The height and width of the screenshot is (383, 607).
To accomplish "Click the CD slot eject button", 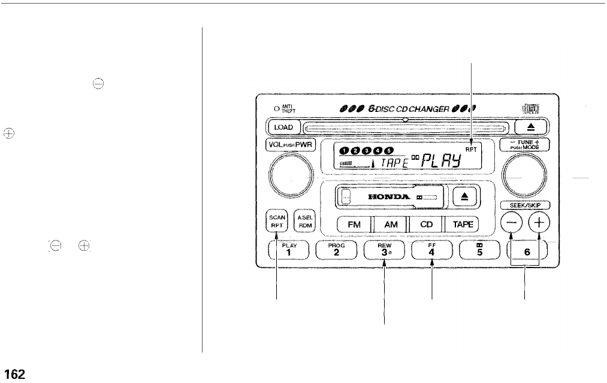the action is (x=533, y=127).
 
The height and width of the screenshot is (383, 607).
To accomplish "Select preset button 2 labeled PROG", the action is (x=337, y=250).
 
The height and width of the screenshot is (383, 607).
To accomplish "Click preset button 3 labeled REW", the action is (x=385, y=250).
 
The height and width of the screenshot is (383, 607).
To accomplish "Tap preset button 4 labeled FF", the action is (x=433, y=250).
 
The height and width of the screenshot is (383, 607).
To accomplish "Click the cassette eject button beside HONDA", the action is (x=466, y=196).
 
